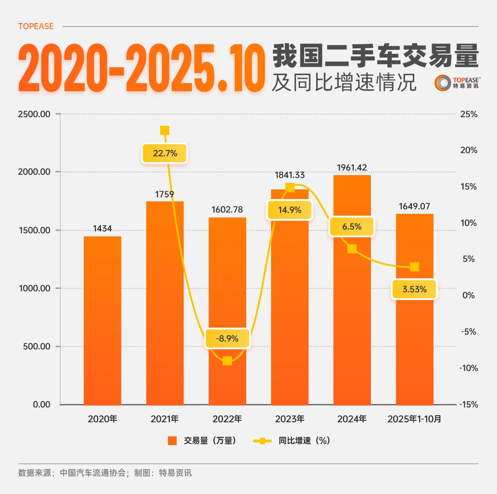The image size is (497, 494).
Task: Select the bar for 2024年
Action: (x=352, y=323)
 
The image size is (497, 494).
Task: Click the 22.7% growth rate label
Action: (x=165, y=153)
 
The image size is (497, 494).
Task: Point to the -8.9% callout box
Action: (x=227, y=338)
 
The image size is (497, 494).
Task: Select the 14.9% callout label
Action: (x=290, y=210)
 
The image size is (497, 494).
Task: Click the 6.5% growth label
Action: (x=352, y=227)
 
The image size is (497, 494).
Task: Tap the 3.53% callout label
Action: (x=414, y=289)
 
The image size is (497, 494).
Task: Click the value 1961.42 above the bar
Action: (x=352, y=168)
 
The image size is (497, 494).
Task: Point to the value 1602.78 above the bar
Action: (x=227, y=210)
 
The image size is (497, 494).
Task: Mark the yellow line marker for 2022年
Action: (x=227, y=361)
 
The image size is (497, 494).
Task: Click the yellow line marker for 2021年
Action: (x=165, y=130)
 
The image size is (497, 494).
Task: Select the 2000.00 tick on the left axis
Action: (x=35, y=172)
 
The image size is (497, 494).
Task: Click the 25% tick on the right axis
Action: (x=468, y=114)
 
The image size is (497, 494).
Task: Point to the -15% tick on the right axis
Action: (x=467, y=405)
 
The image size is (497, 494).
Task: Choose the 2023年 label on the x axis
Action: (x=290, y=419)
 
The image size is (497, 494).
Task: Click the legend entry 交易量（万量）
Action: (x=202, y=441)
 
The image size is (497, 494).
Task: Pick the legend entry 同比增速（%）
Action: (x=292, y=441)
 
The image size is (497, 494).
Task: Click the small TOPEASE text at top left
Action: (x=36, y=26)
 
